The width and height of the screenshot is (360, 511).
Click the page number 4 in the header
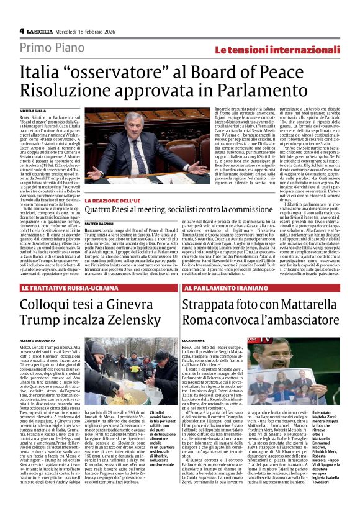pyautogui.click(x=22, y=30)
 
